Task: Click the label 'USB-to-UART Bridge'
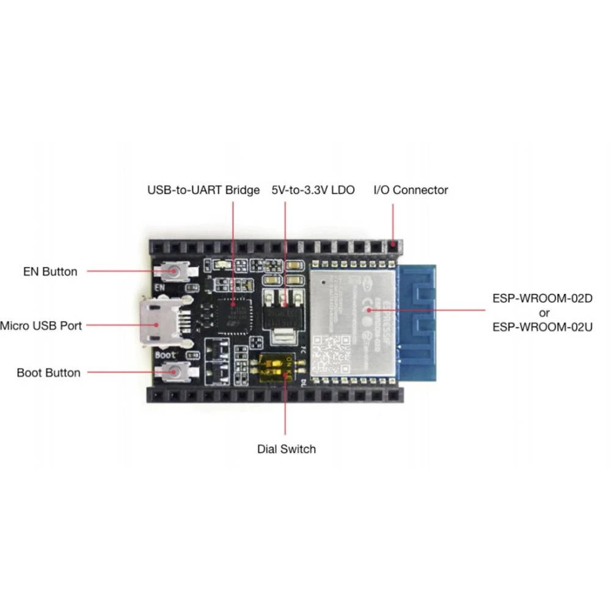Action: coord(203,190)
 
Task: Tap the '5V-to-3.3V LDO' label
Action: coord(313,190)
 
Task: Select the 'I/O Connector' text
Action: coord(411,190)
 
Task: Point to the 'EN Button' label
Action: coord(50,272)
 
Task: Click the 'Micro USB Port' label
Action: coord(41,326)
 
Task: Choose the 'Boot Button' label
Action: coord(48,373)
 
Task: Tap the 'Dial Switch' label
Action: coord(287,449)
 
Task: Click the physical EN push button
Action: coord(175,270)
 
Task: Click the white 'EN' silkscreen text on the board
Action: coord(160,286)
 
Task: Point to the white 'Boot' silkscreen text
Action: coord(166,354)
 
